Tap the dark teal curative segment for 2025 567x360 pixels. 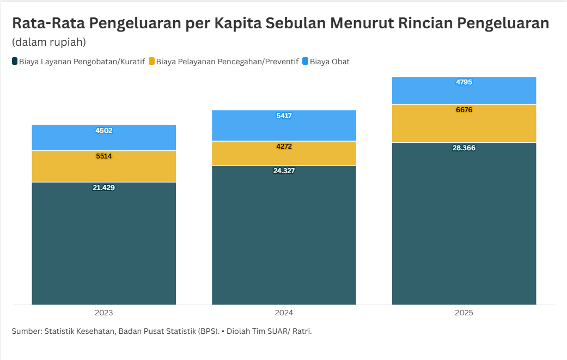click(464, 229)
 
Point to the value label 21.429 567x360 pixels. click(103, 188)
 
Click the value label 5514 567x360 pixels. click(103, 156)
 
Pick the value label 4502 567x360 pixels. click(103, 131)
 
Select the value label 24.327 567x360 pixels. click(284, 171)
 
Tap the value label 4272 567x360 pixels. click(284, 147)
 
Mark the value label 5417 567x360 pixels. click(284, 116)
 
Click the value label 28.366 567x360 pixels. click(464, 148)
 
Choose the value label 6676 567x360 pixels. click(464, 110)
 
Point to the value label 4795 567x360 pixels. click(464, 83)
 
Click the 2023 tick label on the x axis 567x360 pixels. click(103, 313)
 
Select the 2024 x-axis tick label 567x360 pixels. click(284, 313)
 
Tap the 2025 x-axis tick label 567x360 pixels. click(464, 313)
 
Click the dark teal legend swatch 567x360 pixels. click(15, 62)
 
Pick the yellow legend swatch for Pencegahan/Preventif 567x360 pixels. click(151, 62)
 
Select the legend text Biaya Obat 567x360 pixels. click(330, 62)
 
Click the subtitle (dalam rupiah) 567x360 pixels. click(49, 42)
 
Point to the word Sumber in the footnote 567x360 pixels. click(26, 331)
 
